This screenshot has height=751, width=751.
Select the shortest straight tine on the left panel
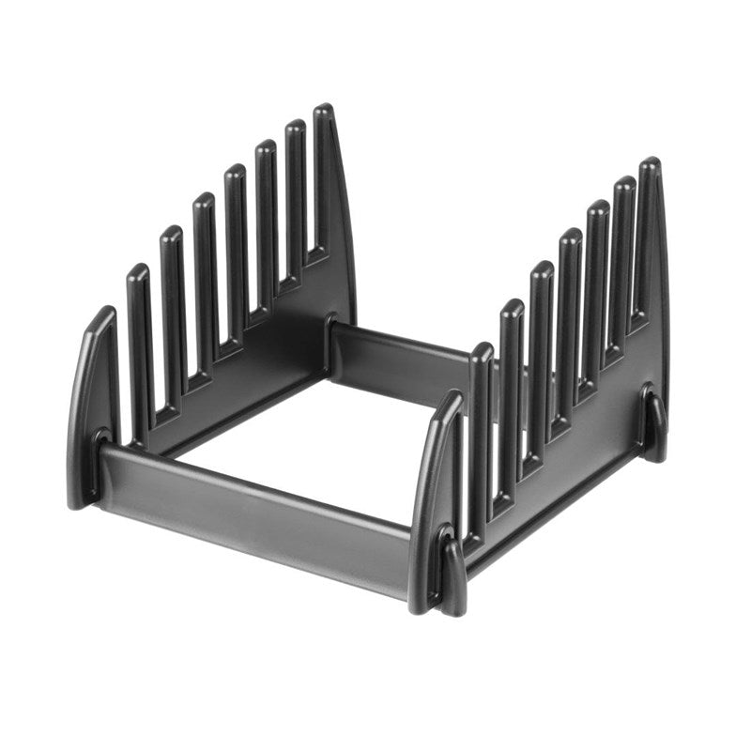point(139,347)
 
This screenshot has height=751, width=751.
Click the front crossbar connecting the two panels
point(253,516)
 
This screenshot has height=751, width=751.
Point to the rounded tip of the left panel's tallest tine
point(323,111)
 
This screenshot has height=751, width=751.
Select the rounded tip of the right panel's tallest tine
point(649,164)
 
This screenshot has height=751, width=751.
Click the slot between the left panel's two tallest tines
point(310,197)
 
